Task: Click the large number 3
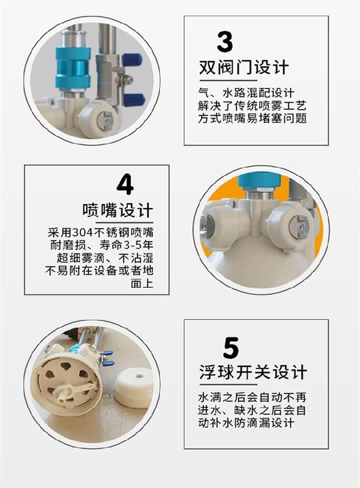pyautogui.click(x=225, y=42)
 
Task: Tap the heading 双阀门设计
pyautogui.click(x=244, y=67)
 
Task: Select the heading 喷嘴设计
pyautogui.click(x=118, y=210)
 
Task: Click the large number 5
pyautogui.click(x=231, y=347)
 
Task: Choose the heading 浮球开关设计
pyautogui.click(x=253, y=372)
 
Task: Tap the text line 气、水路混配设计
pyautogui.click(x=246, y=92)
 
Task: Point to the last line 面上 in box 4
pyautogui.click(x=142, y=284)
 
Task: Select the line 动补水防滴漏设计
pyautogui.click(x=246, y=423)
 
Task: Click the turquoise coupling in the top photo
pyautogui.click(x=73, y=68)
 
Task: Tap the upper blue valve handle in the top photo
pyautogui.click(x=132, y=59)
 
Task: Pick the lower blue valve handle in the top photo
pyautogui.click(x=134, y=99)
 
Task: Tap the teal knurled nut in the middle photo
pyautogui.click(x=259, y=182)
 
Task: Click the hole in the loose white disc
pyautogui.click(x=139, y=376)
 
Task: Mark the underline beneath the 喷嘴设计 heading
pyautogui.click(x=125, y=222)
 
